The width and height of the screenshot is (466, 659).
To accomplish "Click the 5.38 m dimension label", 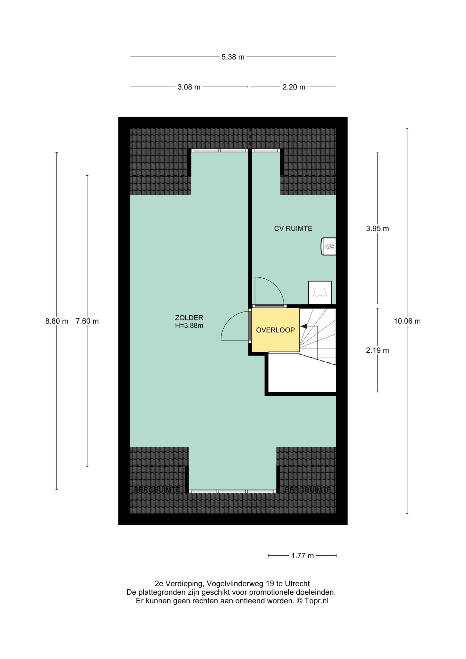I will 233,57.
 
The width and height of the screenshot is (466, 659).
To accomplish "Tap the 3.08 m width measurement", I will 189,87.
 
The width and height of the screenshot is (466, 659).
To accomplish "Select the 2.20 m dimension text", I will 294,87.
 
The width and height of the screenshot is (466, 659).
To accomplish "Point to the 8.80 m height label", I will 57,321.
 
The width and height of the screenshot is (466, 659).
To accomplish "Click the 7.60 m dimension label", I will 87,321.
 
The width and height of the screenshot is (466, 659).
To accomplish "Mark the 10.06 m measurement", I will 407,321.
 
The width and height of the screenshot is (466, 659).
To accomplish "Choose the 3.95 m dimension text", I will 377,229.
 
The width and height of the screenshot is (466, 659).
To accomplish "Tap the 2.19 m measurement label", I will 377,350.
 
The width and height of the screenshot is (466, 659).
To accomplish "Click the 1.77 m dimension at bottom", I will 303,565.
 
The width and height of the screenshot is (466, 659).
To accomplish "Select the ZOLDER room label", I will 189,318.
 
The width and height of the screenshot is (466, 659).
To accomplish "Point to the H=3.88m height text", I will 189,326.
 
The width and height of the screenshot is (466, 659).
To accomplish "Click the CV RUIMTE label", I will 293,229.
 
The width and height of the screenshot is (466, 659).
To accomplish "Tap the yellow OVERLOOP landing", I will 275,330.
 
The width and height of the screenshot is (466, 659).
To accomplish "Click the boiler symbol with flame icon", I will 329,247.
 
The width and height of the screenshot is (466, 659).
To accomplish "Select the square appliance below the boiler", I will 320,292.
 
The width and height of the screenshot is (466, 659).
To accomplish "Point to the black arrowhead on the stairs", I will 304,327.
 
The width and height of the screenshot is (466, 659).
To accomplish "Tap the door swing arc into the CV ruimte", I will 274,286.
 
